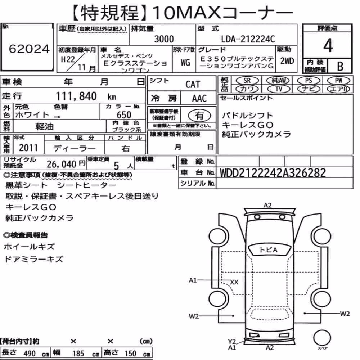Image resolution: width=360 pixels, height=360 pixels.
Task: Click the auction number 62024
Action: coord(29,49)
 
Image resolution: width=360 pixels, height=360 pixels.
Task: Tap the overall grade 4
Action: coord(328,45)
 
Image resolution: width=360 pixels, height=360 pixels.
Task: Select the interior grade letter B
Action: coord(340,66)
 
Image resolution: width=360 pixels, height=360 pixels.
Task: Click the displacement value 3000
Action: coord(164,39)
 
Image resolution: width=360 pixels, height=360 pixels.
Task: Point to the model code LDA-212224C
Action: coord(248,39)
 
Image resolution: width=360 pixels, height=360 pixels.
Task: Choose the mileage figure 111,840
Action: coord(76,96)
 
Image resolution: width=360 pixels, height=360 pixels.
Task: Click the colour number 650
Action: coord(124,115)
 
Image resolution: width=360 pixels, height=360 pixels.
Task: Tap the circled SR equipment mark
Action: coord(247,81)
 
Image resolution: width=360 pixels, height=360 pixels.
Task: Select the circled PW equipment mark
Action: coord(338,81)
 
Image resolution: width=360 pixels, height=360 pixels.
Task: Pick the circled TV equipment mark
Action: coord(279,89)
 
